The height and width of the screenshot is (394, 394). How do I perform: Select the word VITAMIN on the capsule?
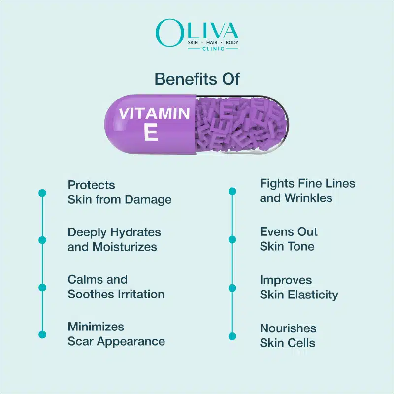point(154,113)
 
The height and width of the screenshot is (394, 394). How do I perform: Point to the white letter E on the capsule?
point(151,131)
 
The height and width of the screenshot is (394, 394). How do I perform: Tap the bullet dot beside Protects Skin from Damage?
point(42,193)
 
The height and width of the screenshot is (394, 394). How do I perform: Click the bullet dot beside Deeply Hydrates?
point(42,240)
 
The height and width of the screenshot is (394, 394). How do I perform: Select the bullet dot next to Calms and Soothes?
point(42,287)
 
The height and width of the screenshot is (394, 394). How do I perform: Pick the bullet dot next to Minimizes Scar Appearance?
point(42,334)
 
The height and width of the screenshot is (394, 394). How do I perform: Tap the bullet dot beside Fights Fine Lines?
point(232,191)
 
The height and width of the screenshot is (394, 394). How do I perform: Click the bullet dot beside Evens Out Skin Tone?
point(232,239)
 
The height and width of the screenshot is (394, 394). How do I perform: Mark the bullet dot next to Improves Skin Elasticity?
point(232,288)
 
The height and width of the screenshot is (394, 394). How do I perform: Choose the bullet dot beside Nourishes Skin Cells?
point(232,336)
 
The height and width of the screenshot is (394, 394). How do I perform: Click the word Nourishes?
point(288,328)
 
